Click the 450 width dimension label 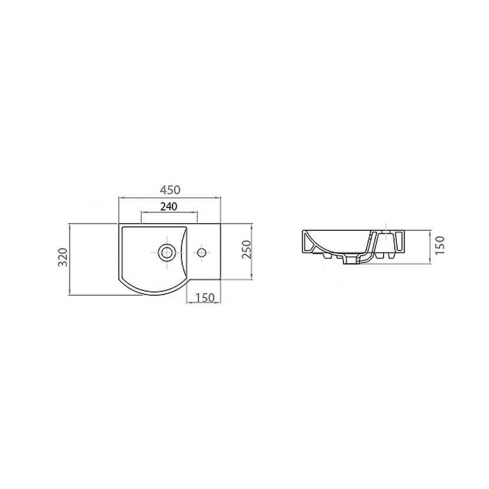click(x=170, y=190)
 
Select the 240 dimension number click(x=168, y=206)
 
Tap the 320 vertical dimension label click(x=63, y=257)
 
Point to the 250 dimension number click(x=246, y=249)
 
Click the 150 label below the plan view click(x=206, y=298)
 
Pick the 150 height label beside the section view click(x=440, y=246)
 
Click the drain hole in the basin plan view click(x=166, y=252)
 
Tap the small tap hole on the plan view click(x=201, y=252)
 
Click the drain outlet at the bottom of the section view click(x=351, y=260)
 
